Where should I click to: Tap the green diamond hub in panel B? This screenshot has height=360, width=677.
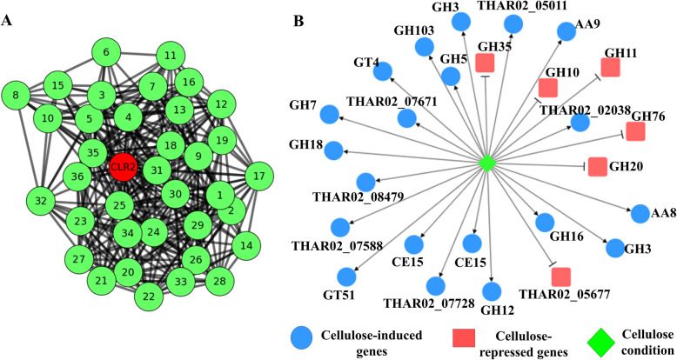click(x=488, y=163)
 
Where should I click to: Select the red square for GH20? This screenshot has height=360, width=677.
click(x=596, y=166)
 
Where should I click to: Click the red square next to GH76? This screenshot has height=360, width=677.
click(x=635, y=132)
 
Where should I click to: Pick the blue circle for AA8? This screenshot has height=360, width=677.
click(x=640, y=213)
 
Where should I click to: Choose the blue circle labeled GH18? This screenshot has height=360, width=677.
click(x=334, y=150)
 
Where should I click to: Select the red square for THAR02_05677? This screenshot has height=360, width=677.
click(x=561, y=277)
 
